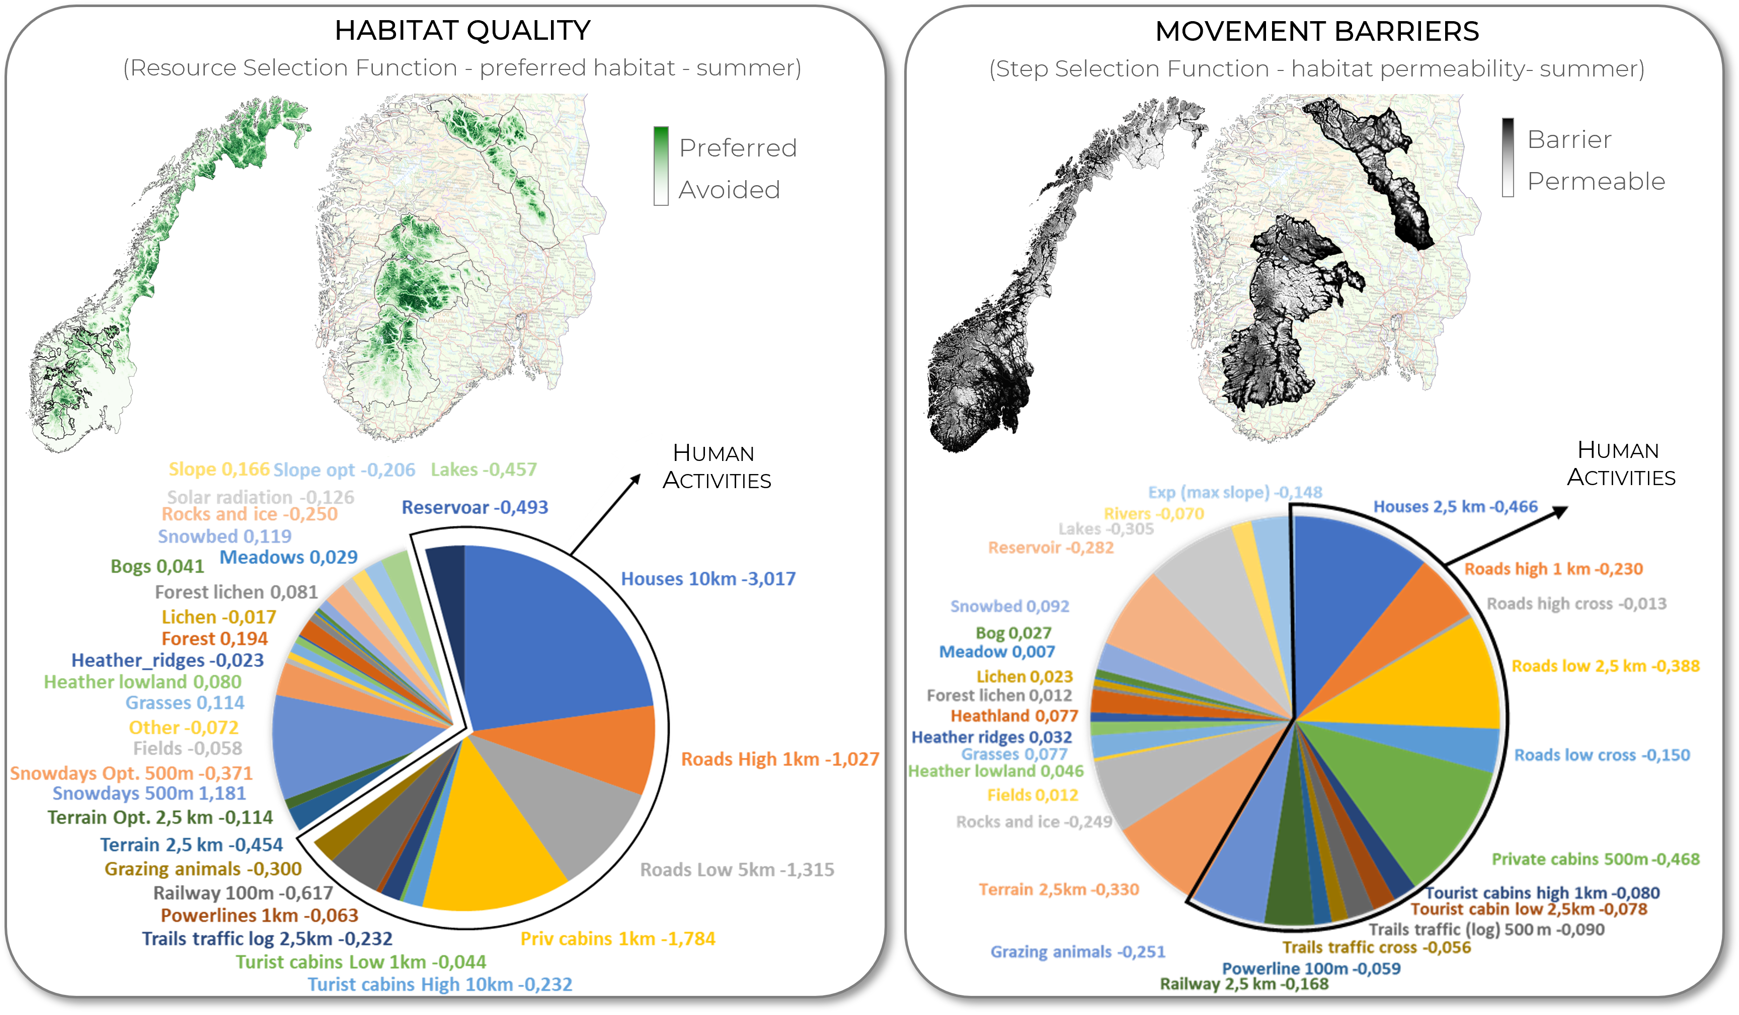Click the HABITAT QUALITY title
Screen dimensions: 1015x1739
coord(462,30)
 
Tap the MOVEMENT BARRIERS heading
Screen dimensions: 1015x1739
coord(1317,31)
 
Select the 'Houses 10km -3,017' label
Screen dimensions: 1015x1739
coord(708,578)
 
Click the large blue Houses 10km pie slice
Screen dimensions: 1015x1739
coord(545,642)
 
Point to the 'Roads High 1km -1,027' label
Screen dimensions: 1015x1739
coord(780,759)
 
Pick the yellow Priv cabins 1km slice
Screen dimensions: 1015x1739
coord(490,842)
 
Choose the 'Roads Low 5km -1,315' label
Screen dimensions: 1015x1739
coord(737,870)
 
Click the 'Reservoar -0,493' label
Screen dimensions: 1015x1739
coord(475,507)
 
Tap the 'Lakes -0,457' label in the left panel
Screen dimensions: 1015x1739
coord(483,470)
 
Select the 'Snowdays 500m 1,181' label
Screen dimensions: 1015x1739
coord(149,794)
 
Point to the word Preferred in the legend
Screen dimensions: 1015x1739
coord(738,147)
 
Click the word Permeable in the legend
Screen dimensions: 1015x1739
coord(1596,182)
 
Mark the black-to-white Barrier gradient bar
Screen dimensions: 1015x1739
coord(1508,158)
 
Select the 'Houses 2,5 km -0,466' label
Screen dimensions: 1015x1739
coord(1455,506)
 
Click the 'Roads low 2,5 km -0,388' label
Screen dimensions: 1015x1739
coord(1605,666)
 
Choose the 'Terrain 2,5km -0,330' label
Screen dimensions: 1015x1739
coord(1059,889)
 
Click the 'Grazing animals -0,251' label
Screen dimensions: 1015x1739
coord(1077,952)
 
